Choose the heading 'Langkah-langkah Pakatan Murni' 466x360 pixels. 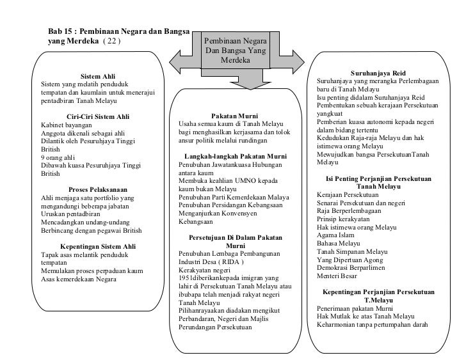point(234,157)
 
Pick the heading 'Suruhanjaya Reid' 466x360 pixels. point(378,74)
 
